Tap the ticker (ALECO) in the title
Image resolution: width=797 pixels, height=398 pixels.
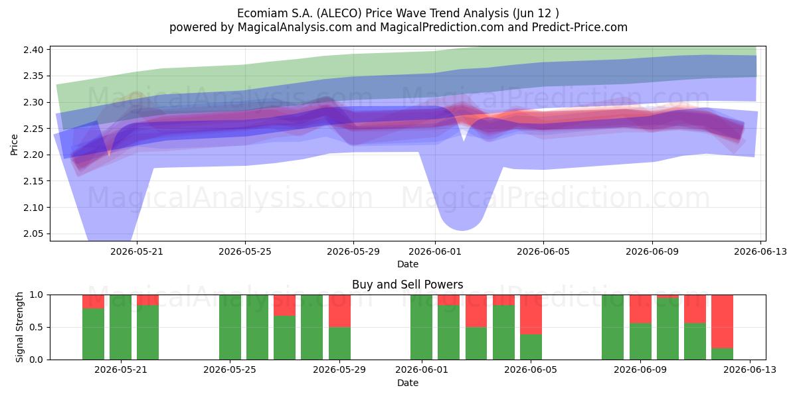click(x=339, y=13)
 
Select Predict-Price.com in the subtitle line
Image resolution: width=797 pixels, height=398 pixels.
click(x=580, y=27)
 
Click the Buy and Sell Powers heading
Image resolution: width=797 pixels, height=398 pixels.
click(x=407, y=285)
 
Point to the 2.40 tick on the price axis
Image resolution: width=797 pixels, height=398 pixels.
click(x=33, y=50)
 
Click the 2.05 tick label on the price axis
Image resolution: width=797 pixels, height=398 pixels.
click(x=33, y=233)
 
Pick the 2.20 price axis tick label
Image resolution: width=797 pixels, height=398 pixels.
click(x=33, y=155)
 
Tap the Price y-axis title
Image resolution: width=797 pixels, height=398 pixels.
click(x=14, y=145)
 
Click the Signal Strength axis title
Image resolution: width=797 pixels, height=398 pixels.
click(x=19, y=327)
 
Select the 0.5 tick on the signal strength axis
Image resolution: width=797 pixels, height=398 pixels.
click(x=37, y=327)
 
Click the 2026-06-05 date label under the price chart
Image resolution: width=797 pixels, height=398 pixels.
click(x=543, y=252)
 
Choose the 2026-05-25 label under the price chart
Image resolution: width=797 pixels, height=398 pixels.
click(x=245, y=252)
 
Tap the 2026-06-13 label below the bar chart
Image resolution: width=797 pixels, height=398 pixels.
click(x=750, y=370)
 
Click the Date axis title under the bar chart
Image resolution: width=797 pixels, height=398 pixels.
click(x=407, y=383)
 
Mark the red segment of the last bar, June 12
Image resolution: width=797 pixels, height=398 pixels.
click(x=723, y=322)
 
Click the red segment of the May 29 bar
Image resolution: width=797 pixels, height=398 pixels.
click(x=339, y=311)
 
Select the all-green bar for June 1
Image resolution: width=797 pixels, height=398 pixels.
click(x=421, y=327)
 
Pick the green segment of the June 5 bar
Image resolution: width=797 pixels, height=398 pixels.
click(x=531, y=347)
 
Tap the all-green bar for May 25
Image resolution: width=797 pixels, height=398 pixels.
click(x=230, y=327)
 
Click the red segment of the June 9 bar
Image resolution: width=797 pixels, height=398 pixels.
click(x=640, y=309)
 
